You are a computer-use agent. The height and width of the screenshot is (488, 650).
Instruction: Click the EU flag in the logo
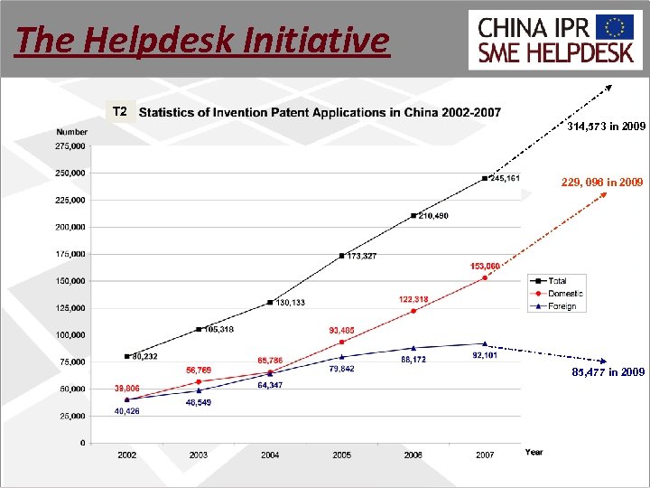click(x=619, y=26)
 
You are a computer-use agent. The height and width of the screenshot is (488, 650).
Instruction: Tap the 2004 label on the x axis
click(x=270, y=455)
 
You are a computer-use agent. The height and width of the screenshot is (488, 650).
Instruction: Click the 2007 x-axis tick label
click(x=485, y=455)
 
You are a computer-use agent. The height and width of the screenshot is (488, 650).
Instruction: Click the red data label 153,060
click(x=485, y=266)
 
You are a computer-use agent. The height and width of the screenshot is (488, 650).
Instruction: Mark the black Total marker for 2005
click(x=341, y=256)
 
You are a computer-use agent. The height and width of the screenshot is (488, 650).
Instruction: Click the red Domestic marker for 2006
click(x=413, y=311)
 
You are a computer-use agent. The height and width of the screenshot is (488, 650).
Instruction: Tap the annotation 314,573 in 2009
click(x=606, y=127)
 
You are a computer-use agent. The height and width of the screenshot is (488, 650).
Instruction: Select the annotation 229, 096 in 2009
click(x=601, y=183)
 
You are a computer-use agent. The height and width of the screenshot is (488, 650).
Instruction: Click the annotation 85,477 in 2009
click(x=608, y=371)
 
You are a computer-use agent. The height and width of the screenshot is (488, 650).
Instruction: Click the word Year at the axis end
click(x=534, y=452)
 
